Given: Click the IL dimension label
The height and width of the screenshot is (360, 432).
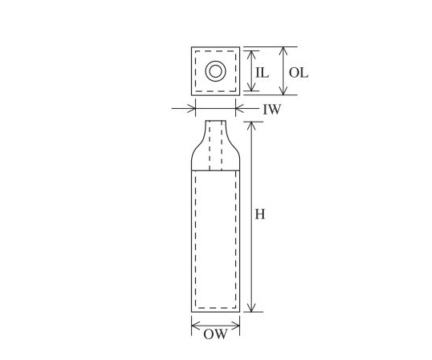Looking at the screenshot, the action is click(262, 73).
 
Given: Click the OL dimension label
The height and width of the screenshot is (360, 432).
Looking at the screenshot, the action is click(298, 73).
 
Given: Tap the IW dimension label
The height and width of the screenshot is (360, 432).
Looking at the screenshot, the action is click(272, 110).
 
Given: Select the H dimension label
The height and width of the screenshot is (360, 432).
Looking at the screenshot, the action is click(260, 214).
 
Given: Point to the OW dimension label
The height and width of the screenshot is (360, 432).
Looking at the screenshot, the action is click(215, 334).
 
